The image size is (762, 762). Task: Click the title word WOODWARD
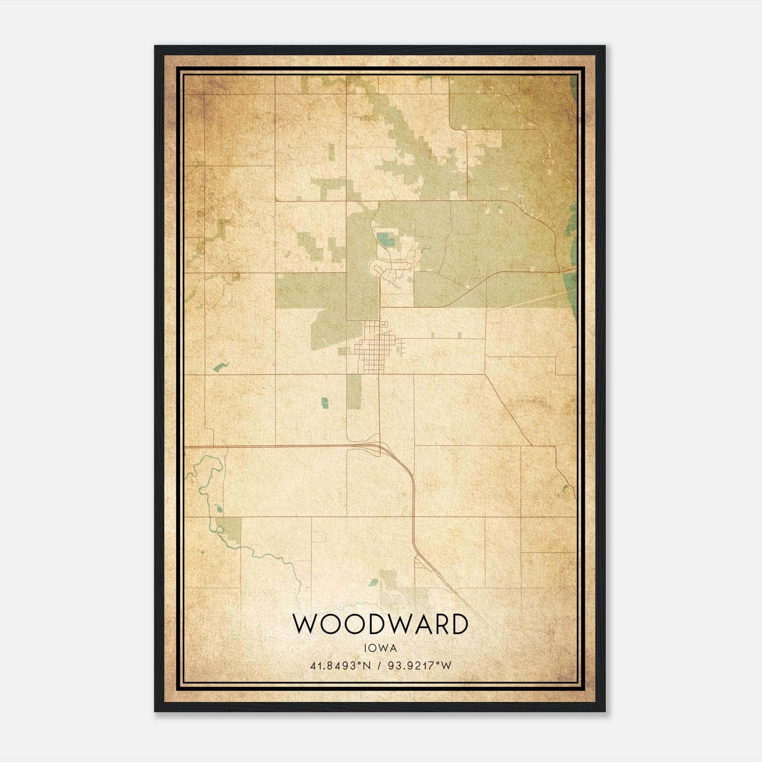pos(380,624)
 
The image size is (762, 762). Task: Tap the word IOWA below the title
pos(380,648)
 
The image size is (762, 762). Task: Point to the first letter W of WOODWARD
pos(303,624)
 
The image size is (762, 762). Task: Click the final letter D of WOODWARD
pos(458,624)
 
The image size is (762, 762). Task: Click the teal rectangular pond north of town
pos(382,238)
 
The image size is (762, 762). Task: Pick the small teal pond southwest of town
pos(325,403)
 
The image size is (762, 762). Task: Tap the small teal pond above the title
pos(374,582)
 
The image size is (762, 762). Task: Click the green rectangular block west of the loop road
pos(310,291)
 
